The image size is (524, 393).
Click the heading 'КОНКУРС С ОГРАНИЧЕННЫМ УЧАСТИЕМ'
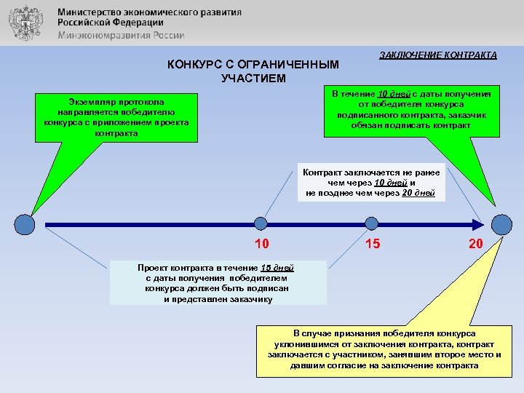click(253, 71)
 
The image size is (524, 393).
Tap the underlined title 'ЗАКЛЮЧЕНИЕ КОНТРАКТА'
click(438, 55)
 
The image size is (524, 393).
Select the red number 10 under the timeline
click(261, 245)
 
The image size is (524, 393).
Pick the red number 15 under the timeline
click(372, 245)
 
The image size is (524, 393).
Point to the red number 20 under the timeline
click(475, 245)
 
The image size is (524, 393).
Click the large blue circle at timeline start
click(25, 225)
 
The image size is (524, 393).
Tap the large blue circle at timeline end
click(502, 225)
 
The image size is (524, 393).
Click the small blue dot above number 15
click(372, 225)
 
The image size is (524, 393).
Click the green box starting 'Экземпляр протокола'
click(116, 116)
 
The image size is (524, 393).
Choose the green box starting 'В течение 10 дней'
click(411, 110)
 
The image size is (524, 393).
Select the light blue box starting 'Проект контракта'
click(218, 283)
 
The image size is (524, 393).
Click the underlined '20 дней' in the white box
click(418, 193)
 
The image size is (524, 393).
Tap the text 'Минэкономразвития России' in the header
click(121, 35)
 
